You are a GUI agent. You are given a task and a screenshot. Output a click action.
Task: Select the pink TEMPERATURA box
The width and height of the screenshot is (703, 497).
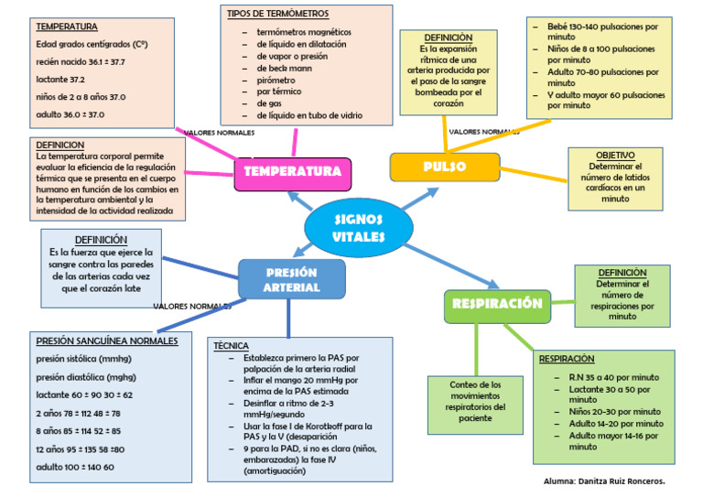click(292, 172)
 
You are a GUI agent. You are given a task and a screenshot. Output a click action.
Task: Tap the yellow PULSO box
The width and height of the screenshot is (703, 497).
click(445, 167)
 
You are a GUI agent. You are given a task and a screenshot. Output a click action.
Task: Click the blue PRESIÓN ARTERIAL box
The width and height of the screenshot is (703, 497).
click(291, 280)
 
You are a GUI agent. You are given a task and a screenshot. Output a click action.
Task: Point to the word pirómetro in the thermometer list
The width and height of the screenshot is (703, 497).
click(276, 80)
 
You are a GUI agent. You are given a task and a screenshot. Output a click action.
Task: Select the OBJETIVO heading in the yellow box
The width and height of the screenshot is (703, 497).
click(615, 156)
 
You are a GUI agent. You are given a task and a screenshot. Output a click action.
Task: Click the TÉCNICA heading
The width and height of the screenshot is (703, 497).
click(231, 346)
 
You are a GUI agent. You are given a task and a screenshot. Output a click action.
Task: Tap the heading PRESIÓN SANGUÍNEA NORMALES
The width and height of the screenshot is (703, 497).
click(106, 340)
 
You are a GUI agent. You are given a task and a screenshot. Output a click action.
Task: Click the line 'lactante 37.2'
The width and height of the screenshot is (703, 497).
click(60, 80)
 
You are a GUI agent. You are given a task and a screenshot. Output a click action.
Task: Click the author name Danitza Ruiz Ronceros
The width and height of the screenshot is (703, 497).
click(603, 481)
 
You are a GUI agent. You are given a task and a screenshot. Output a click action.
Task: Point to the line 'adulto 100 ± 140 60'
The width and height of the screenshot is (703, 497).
click(75, 467)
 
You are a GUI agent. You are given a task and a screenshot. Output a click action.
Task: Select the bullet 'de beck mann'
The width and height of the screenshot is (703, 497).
click(284, 68)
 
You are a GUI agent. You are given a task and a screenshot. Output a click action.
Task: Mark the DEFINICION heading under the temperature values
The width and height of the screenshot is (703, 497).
click(60, 145)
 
